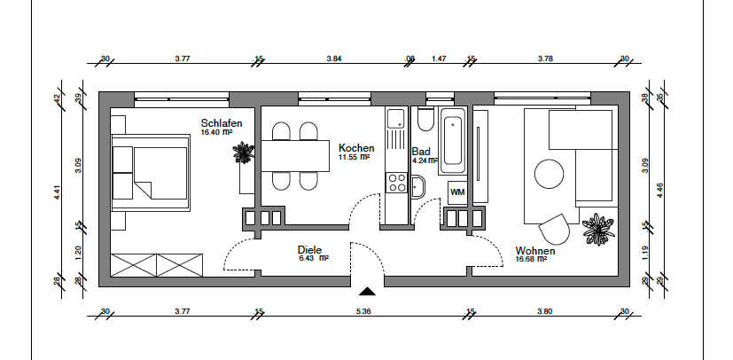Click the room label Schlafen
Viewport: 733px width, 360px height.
[222, 123]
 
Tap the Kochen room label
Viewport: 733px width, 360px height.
[356, 148]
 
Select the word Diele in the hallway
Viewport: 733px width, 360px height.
[309, 250]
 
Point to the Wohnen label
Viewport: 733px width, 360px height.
[535, 251]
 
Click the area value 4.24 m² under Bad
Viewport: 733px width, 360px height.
[425, 161]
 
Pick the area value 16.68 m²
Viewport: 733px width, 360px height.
[534, 260]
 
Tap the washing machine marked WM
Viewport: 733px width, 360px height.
[458, 192]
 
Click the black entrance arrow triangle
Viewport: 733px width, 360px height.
[367, 292]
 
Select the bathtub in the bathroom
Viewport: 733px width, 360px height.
[453, 141]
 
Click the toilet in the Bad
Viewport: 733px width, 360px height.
[423, 121]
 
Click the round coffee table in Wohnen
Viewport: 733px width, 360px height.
[550, 172]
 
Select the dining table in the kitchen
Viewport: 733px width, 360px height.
[293, 156]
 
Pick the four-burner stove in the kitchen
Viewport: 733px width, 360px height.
[396, 184]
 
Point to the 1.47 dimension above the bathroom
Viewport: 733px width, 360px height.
[439, 59]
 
